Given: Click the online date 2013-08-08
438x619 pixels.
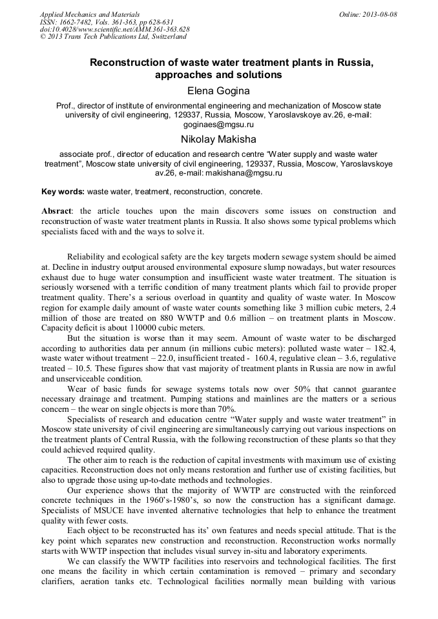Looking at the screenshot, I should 378,14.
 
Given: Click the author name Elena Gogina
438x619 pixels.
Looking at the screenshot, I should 218,91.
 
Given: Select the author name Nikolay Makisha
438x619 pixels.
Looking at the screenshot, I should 218,139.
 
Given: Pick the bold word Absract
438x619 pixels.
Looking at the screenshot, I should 56,211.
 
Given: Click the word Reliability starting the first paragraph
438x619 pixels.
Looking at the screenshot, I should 89,257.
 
